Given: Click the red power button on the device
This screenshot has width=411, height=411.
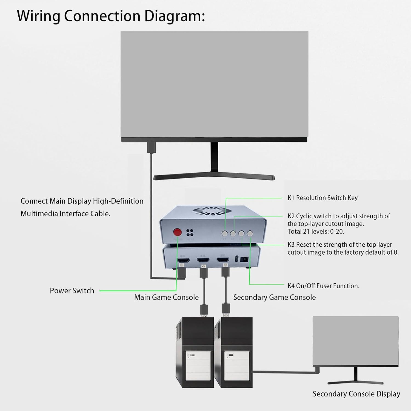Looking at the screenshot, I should tap(178, 232).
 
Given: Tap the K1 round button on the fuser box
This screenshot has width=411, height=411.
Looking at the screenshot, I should tap(225, 233).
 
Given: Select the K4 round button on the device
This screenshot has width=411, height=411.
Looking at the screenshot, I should tap(250, 233).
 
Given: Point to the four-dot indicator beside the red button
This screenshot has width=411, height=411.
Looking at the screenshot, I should tap(190, 233).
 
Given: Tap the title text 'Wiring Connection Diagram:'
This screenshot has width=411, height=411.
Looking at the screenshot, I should tap(111, 16).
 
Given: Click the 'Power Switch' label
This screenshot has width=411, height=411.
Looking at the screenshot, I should tap(72, 291).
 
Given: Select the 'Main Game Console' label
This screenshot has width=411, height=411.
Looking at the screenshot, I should tap(166, 297).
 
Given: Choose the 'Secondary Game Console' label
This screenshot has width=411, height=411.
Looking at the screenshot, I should tap(274, 297).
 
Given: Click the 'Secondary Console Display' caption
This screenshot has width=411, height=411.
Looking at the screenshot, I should tap(356, 394).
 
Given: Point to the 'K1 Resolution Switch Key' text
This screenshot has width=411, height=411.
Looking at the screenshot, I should tap(322, 198).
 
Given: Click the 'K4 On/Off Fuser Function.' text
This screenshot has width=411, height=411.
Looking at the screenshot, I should tap(323, 286).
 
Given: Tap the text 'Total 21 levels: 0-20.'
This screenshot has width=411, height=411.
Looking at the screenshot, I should tap(316, 232).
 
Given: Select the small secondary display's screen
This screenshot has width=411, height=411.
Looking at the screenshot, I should tap(355, 340).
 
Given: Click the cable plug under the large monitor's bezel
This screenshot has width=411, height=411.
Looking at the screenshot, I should tap(151, 147).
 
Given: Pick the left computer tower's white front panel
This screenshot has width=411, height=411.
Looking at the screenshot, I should tap(198, 366).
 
